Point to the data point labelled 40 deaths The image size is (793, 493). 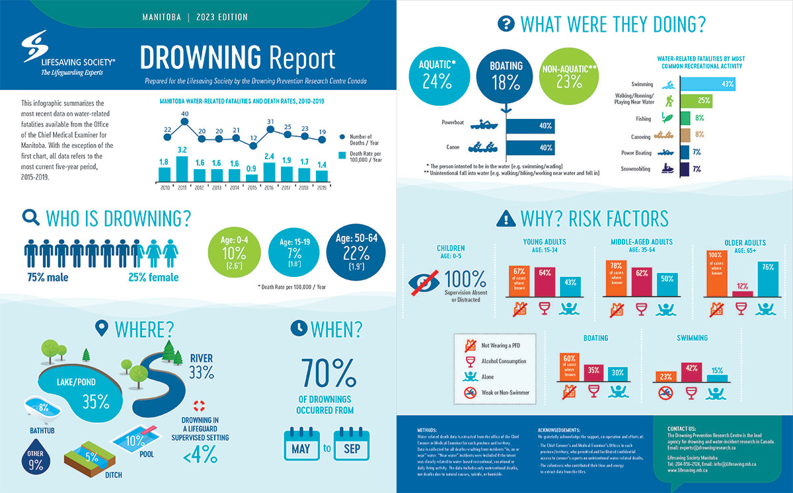[x=186, y=122]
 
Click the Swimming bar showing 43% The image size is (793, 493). [x=707, y=85]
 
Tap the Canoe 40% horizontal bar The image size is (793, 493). [x=530, y=147]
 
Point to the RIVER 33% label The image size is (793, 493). [x=201, y=365]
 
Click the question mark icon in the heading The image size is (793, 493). [x=506, y=25]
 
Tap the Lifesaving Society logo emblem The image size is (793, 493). [x=34, y=48]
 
